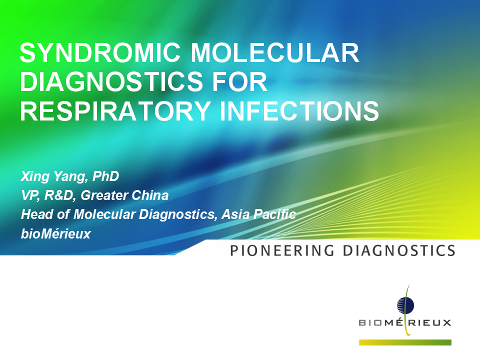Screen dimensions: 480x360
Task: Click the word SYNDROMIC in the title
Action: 100,52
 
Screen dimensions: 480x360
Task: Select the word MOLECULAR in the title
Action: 275,52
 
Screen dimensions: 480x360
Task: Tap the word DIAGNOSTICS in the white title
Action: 111,81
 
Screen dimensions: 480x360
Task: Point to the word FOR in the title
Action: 239,81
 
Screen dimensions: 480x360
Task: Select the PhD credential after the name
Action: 105,176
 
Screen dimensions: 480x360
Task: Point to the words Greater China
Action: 124,195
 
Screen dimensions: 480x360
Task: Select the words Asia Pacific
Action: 258,214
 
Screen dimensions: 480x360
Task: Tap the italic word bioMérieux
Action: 55,234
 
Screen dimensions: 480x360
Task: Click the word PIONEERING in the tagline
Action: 282,250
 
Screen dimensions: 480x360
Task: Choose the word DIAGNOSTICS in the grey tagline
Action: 399,250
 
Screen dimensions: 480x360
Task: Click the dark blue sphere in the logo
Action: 405,305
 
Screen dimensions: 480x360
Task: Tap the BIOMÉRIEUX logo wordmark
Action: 405,322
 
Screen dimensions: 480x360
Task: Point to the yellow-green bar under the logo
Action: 405,342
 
